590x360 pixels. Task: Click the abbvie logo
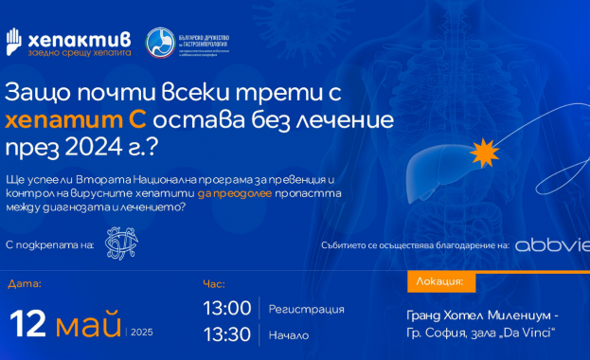550,244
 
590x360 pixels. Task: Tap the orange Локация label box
440,282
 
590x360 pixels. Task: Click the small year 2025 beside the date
141,333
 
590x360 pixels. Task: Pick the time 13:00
227,309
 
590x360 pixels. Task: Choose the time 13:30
227,334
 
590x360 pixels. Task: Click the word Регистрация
306,310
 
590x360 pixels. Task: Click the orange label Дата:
25,283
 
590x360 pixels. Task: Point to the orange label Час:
214,283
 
